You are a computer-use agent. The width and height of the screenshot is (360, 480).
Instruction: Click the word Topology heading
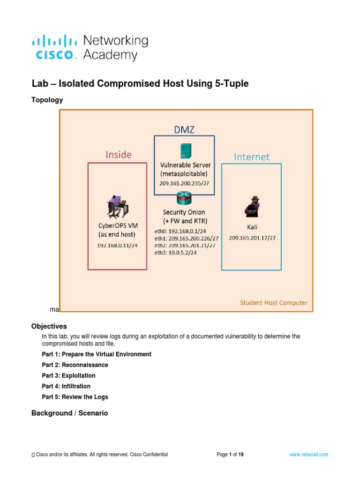[x=47, y=100]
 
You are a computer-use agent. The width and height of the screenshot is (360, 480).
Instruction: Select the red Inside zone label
[x=119, y=154]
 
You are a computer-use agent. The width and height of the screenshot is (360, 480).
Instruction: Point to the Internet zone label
[x=252, y=157]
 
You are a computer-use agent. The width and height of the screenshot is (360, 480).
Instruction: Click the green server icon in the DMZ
[x=184, y=150]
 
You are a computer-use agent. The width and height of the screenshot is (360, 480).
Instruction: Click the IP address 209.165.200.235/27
[x=184, y=183]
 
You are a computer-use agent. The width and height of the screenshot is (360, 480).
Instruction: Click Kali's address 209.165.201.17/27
[x=252, y=238]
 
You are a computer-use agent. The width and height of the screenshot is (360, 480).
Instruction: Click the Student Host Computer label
[x=274, y=302]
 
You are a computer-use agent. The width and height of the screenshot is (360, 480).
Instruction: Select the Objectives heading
[x=49, y=326]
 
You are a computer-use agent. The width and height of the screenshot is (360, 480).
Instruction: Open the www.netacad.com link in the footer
[x=309, y=454]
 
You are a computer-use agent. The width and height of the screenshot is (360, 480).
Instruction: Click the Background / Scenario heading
[x=69, y=413]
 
